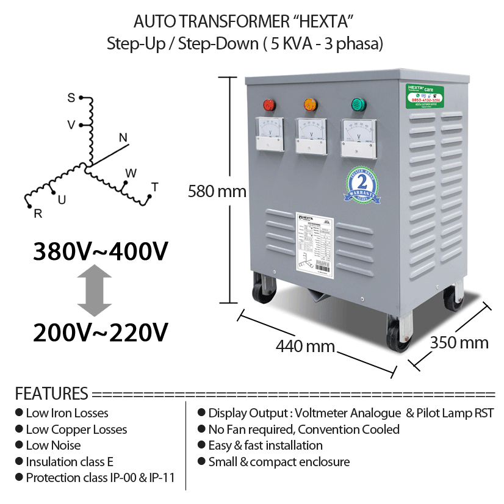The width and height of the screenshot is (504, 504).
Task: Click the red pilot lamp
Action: (x=268, y=106)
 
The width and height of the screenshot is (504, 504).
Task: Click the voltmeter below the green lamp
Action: (x=358, y=135)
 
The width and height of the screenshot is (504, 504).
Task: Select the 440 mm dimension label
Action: (x=305, y=346)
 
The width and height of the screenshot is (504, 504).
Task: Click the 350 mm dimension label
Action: (x=459, y=342)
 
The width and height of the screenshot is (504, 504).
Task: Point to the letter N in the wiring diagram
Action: (x=123, y=138)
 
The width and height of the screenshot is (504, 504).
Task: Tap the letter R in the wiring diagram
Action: (x=38, y=213)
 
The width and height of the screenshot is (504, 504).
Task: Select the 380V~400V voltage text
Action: (x=101, y=252)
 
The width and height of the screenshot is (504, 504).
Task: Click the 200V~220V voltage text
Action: (x=101, y=333)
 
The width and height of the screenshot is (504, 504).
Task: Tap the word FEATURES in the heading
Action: (x=51, y=393)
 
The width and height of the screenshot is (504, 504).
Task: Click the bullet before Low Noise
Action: (x=20, y=445)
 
